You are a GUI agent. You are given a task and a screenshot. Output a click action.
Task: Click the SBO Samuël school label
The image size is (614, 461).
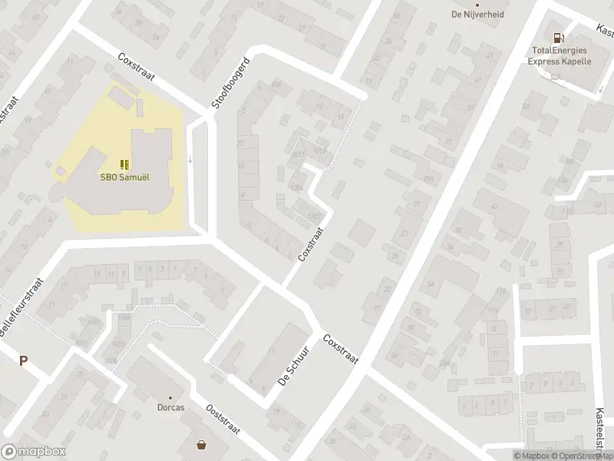[x=124, y=175]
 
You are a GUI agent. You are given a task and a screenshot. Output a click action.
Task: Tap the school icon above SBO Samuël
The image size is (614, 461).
[x=124, y=163]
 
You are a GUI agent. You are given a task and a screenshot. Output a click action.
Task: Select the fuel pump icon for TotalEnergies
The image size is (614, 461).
[x=558, y=37]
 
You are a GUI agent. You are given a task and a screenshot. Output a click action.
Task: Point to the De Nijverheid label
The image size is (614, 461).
[x=477, y=13]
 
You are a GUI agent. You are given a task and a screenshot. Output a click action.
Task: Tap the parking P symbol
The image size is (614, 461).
[x=23, y=361]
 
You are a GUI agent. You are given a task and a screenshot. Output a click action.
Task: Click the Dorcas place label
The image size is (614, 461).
[x=170, y=407]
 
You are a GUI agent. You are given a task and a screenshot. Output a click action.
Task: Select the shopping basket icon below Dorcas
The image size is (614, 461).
[x=202, y=444]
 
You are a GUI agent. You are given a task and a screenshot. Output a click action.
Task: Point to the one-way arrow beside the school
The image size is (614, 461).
[x=190, y=160]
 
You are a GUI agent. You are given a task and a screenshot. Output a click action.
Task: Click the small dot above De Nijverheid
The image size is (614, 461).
[x=477, y=3]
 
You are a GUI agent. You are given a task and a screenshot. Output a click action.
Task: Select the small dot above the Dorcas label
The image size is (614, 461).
[x=170, y=397]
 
